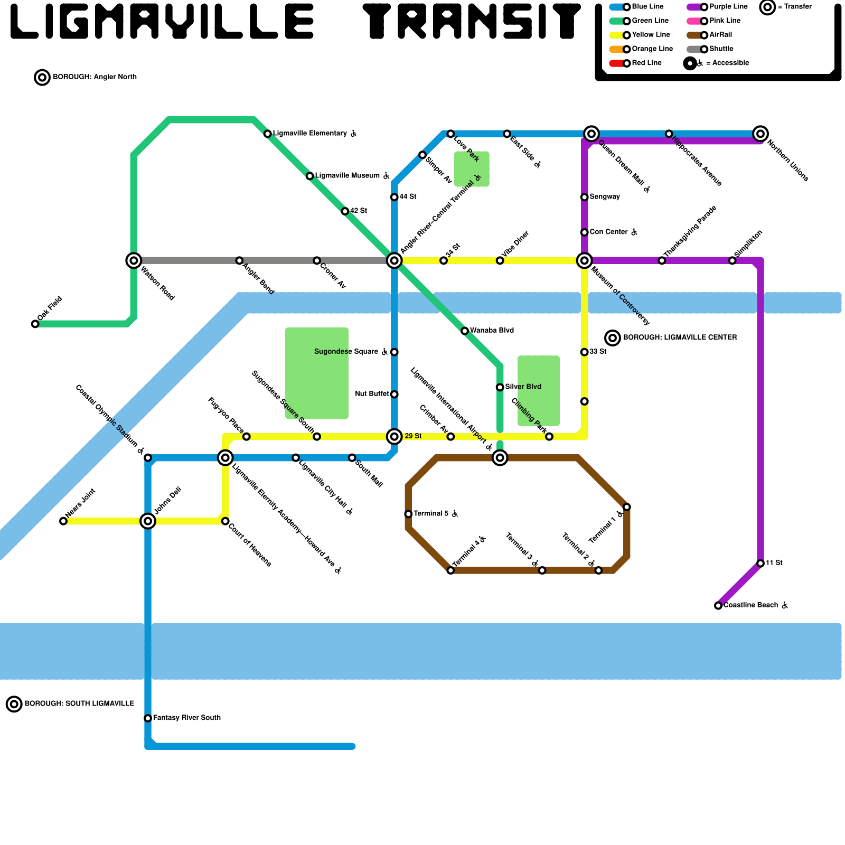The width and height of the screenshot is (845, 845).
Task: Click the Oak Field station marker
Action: pos(35,324)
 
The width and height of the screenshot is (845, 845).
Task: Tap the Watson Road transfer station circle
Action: pos(134,260)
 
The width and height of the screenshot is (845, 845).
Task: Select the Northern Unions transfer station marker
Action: pos(760,134)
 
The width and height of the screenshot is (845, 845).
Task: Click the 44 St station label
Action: pos(408,197)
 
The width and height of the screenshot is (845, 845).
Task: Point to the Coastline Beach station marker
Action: pos(718,605)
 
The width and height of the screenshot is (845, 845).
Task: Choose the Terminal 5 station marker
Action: pos(408,514)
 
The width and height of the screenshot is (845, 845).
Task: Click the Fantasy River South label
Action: pos(186,718)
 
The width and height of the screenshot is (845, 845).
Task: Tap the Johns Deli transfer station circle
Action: pos(148,521)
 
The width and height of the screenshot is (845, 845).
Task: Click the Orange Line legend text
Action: pos(652,49)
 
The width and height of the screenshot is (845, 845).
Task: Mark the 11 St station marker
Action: pos(760,564)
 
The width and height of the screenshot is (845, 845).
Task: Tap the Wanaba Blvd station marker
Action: pos(465,331)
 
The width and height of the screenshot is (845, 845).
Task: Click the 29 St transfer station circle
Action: pos(395,436)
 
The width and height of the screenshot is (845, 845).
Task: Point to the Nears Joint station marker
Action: pos(63,521)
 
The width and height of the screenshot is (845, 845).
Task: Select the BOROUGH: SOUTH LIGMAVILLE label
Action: pos(79,703)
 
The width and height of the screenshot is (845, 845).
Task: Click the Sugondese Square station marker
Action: pos(394,352)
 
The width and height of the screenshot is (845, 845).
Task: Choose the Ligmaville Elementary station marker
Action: pos(268,134)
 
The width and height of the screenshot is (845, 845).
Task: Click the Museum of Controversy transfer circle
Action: pos(584,260)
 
